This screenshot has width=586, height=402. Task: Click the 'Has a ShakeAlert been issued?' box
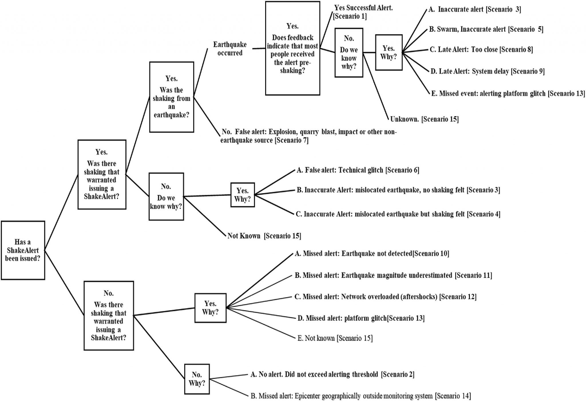[23, 250]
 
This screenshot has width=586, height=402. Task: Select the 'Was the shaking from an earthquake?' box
[171, 97]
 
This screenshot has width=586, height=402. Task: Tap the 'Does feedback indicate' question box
[292, 48]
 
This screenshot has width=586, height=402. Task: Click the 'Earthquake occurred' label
[230, 49]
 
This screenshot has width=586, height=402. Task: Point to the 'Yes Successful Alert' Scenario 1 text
[363, 12]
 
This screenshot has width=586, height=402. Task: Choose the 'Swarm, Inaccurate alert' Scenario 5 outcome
[486, 29]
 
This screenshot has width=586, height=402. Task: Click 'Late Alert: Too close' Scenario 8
[481, 50]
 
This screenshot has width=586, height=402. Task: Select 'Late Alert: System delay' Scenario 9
[487, 71]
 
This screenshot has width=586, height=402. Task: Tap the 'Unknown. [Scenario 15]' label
[424, 119]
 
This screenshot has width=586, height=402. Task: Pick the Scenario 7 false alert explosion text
[308, 136]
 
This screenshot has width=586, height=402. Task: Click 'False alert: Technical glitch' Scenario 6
[358, 170]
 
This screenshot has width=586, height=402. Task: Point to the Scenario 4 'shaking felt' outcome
[398, 214]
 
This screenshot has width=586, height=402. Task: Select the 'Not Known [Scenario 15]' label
[264, 236]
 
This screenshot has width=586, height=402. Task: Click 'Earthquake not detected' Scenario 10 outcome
[372, 253]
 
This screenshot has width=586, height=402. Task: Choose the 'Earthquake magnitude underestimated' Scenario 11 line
[393, 275]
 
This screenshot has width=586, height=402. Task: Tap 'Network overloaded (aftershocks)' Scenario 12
[385, 297]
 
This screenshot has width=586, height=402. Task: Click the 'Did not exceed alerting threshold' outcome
[332, 374]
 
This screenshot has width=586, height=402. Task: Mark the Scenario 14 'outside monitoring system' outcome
[361, 396]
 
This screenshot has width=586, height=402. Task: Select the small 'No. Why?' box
[197, 379]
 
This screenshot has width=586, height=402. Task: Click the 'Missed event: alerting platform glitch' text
[508, 93]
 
